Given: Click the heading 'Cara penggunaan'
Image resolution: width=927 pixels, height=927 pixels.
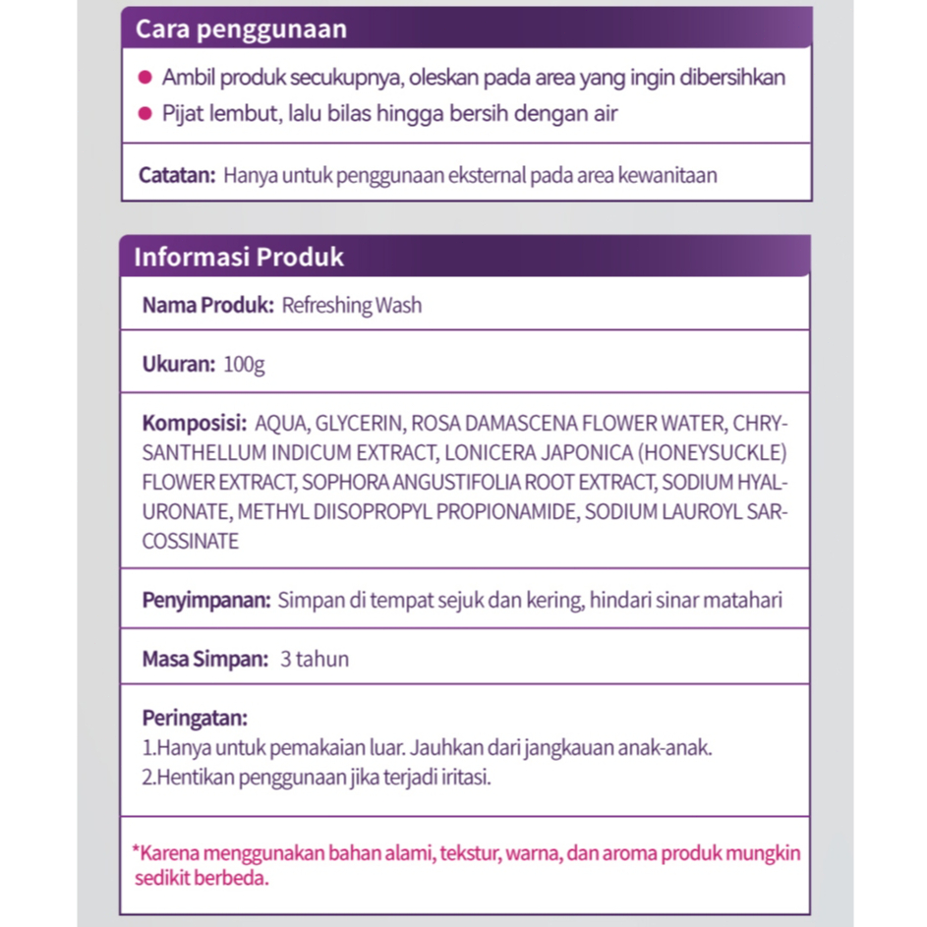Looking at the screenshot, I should coord(241,29).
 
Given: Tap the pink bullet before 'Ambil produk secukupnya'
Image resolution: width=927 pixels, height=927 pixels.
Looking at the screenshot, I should coord(144,78).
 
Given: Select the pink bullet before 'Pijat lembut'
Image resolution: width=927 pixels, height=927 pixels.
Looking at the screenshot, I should coord(144,114).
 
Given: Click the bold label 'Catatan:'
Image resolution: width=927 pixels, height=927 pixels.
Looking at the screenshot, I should coord(177,176).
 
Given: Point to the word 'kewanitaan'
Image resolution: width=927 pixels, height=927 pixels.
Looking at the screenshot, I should coord(668,176).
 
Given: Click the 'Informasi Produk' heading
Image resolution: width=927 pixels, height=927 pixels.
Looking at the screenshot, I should coord(239,258).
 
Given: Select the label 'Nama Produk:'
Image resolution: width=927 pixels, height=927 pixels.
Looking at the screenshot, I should coord(207,306).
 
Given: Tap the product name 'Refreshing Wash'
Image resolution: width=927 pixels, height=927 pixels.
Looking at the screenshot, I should coord(351,306).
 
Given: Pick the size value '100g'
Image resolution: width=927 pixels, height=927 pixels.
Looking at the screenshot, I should coord(244,365).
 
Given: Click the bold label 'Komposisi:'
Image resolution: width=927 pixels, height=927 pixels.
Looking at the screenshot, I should coord(194,424).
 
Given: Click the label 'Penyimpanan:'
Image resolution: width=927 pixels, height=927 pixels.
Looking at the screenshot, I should coord(205,600).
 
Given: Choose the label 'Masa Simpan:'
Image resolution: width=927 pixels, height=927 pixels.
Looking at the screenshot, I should coord(204,659).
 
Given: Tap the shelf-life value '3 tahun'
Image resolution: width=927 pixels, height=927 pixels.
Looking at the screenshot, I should coord(315,659).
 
